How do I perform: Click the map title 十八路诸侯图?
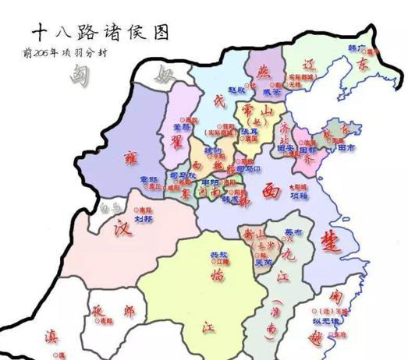100,32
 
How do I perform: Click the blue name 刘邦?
143,219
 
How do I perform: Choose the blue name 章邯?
149,179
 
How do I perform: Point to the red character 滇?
50,337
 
